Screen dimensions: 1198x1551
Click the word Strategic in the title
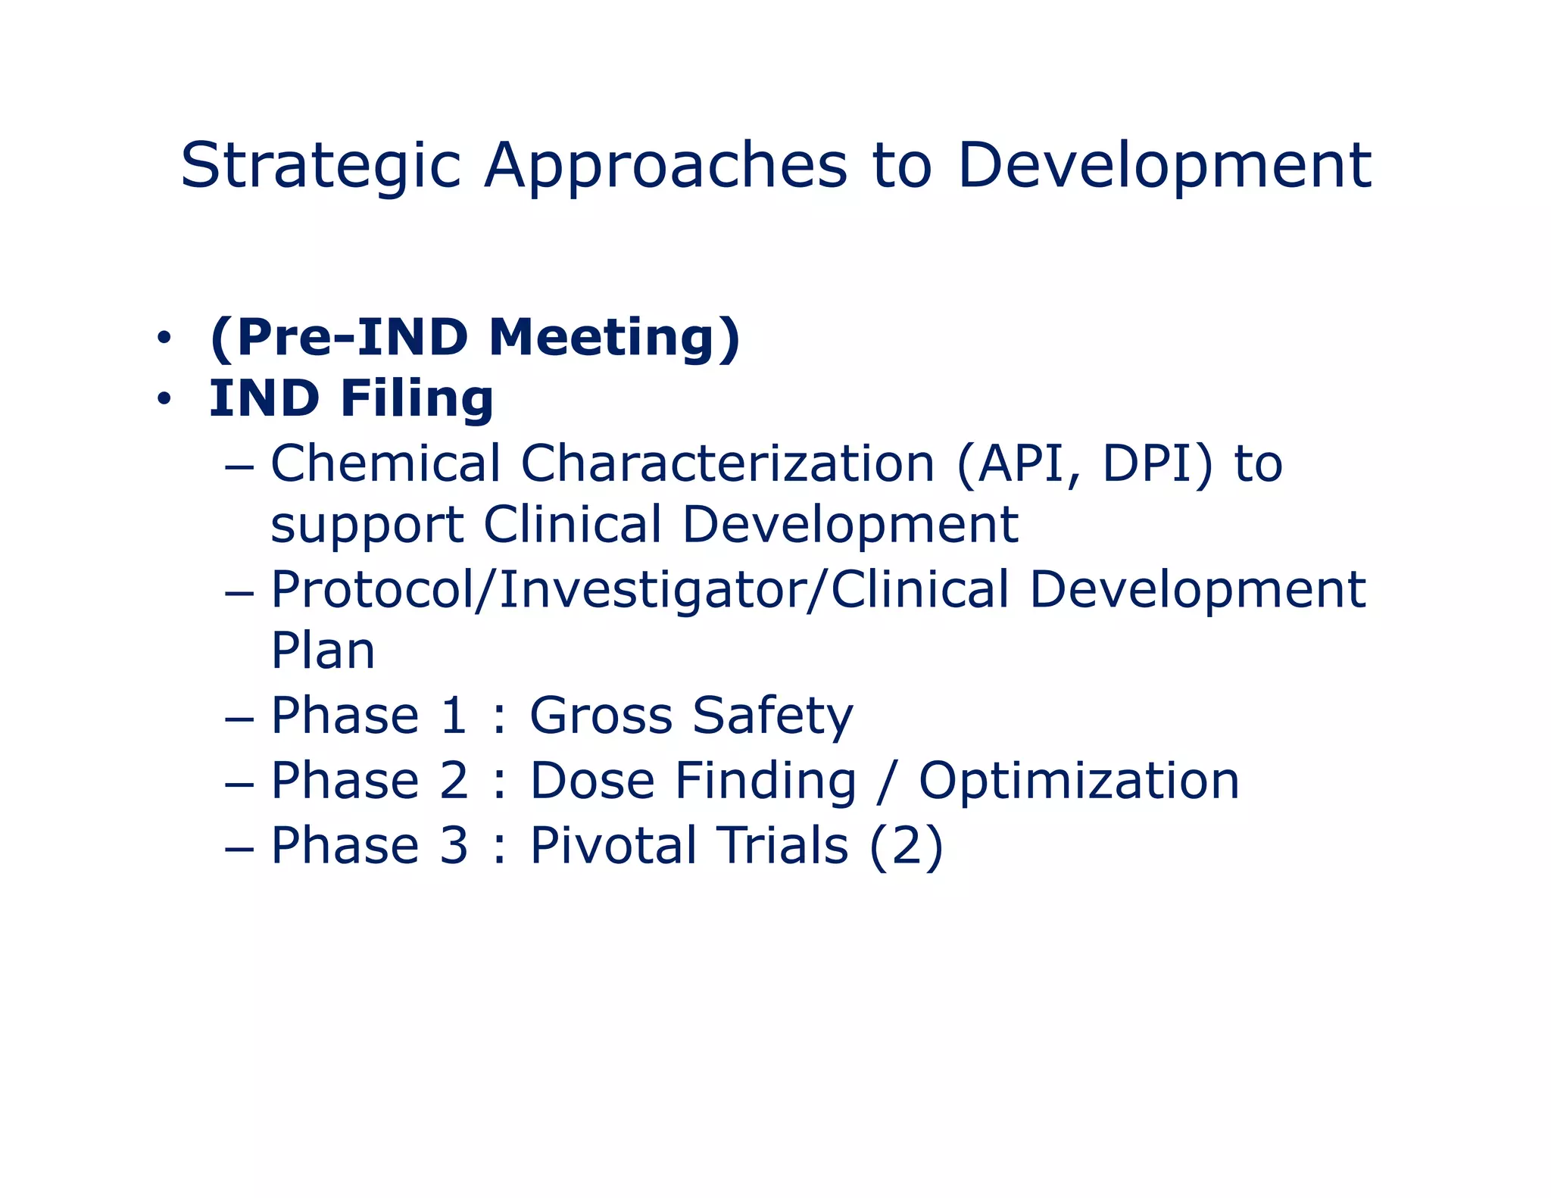[x=320, y=167]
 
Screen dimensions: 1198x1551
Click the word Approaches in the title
[x=666, y=167]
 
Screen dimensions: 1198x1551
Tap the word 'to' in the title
[x=901, y=167]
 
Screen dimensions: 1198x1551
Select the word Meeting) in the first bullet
[x=614, y=338]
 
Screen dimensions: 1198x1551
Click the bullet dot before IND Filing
[x=163, y=400]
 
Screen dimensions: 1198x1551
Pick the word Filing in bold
[x=417, y=400]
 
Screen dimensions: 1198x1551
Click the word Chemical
[x=385, y=463]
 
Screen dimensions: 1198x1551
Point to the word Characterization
[x=727, y=463]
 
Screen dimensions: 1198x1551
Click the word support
[x=367, y=526]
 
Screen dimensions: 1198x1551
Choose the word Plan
[x=323, y=651]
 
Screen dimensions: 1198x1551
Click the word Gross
[x=601, y=716]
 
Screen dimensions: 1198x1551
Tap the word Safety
[x=772, y=716]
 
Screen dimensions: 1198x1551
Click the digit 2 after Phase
[x=454, y=781]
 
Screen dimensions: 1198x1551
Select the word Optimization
[x=1078, y=781]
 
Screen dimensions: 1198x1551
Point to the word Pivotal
[x=613, y=846]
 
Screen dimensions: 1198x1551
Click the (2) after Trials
[x=906, y=846]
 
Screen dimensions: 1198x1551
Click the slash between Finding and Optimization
[x=886, y=781]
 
